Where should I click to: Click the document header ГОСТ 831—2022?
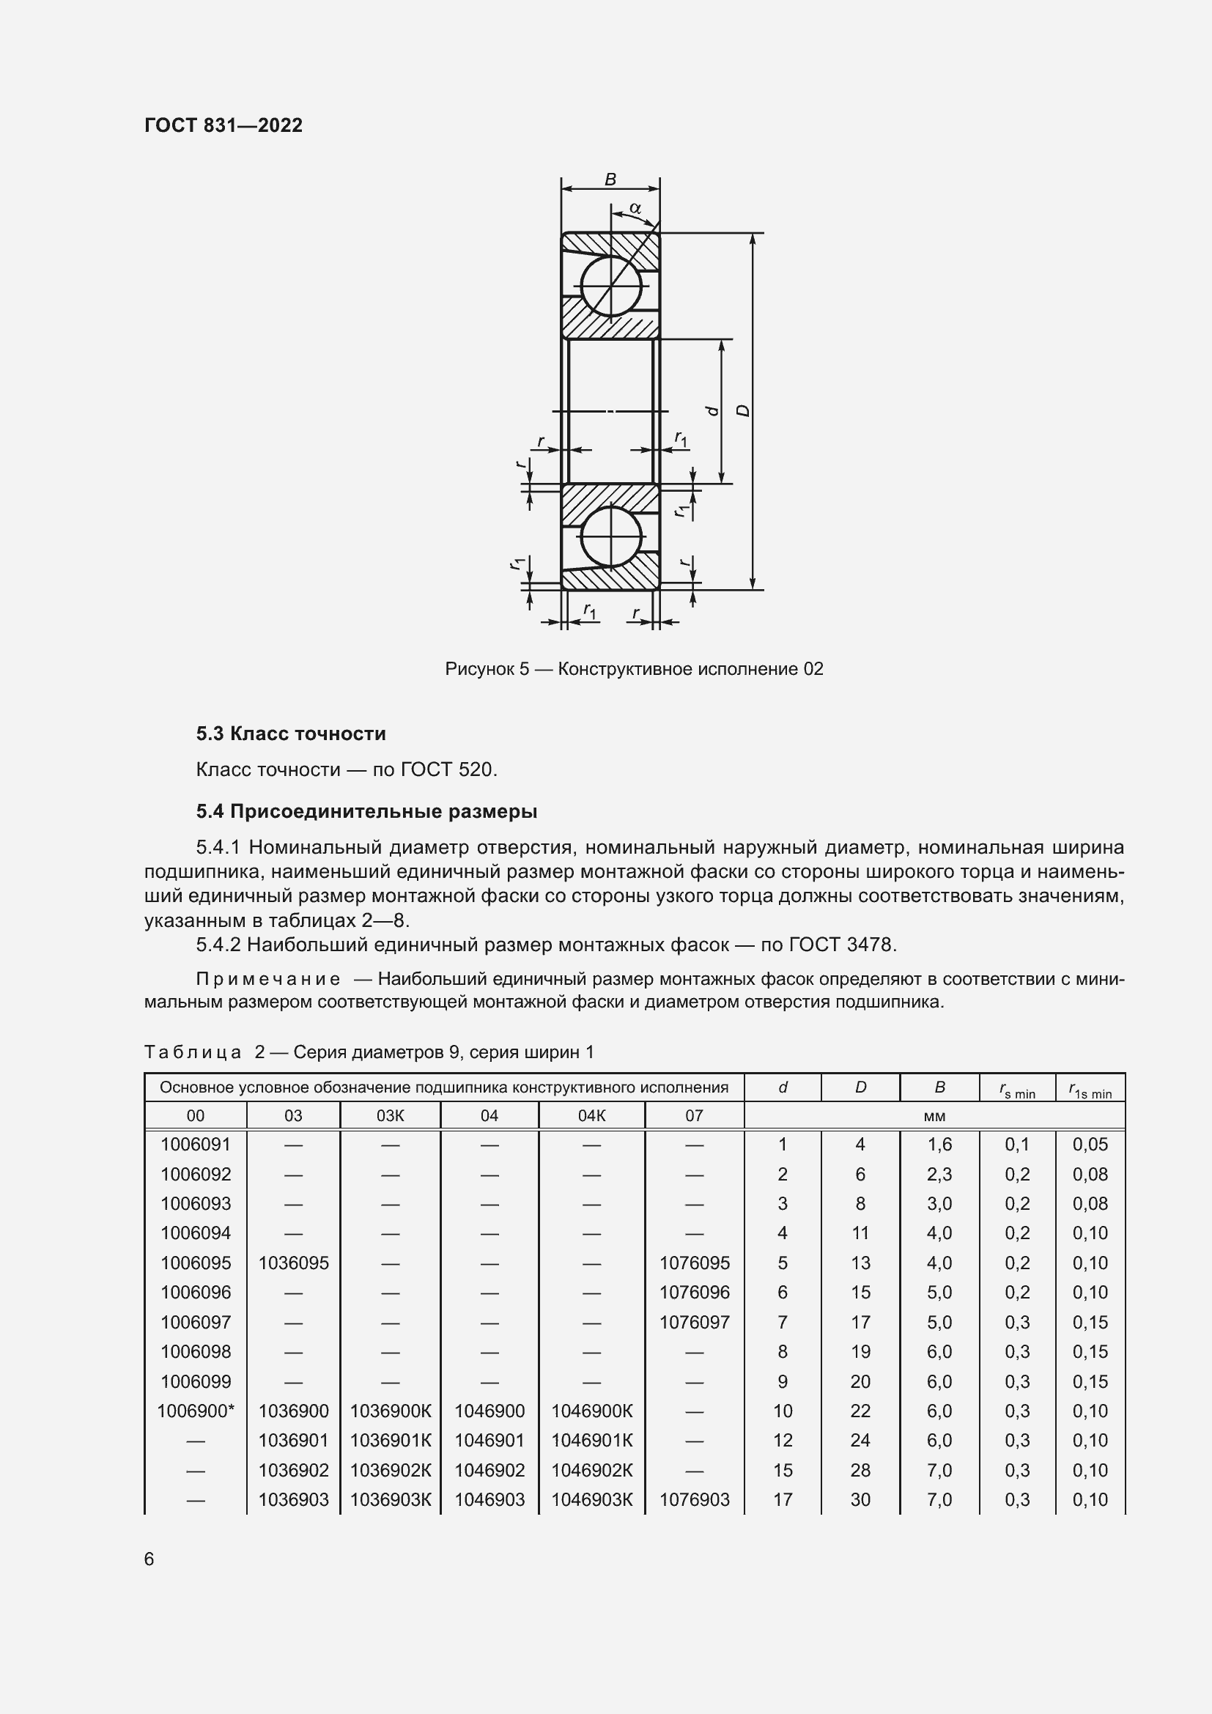[x=223, y=125]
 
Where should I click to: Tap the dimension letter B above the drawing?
[x=610, y=179]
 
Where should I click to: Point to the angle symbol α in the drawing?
[x=635, y=208]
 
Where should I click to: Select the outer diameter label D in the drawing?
[x=743, y=410]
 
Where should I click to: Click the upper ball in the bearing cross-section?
[x=610, y=287]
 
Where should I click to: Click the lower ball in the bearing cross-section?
[x=610, y=536]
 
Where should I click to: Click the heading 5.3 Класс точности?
[x=290, y=734]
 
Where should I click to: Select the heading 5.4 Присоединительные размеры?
[x=366, y=811]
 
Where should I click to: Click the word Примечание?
[x=268, y=980]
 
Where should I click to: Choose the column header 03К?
[x=391, y=1116]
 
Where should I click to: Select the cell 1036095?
[x=293, y=1263]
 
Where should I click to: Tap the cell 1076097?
[x=694, y=1322]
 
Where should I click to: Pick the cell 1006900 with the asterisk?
[x=196, y=1411]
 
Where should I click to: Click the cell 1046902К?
[x=592, y=1470]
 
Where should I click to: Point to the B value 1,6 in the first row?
[x=939, y=1145]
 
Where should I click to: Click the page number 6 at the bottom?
[x=149, y=1559]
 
